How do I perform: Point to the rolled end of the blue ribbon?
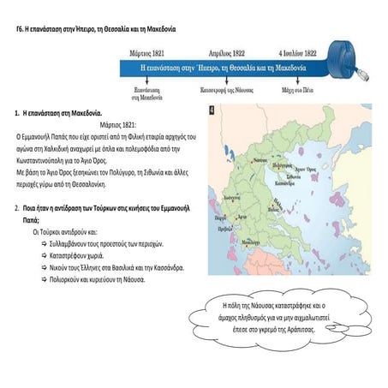click(355, 58)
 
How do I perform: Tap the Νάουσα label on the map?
click(260, 159)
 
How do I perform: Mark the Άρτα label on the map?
click(241, 218)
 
